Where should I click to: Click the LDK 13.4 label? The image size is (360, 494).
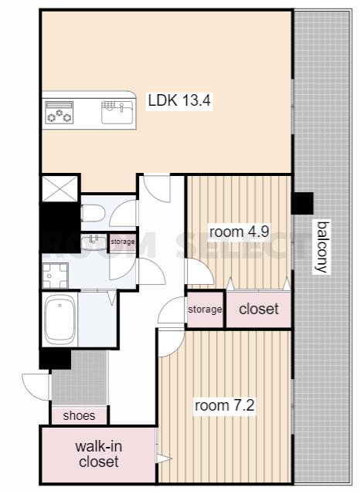point(179,101)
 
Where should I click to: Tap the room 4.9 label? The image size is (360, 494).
point(239,232)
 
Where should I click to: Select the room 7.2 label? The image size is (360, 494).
point(225,405)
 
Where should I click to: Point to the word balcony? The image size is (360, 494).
point(322,247)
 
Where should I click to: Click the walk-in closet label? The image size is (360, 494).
point(99,454)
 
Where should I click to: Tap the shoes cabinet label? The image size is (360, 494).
point(79,415)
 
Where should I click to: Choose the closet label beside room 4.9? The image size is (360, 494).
point(259,309)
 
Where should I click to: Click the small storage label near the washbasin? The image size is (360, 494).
point(123,242)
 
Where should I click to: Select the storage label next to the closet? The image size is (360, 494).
point(205,310)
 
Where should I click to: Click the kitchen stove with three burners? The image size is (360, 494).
point(59,113)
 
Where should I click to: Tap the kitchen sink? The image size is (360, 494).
point(117,112)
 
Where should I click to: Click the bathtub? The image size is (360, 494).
point(59,319)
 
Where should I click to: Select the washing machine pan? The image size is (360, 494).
point(55,276)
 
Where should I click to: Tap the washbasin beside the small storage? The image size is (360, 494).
point(93,242)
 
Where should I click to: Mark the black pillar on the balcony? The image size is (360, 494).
point(302,203)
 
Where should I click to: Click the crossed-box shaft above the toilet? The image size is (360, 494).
point(59,188)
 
